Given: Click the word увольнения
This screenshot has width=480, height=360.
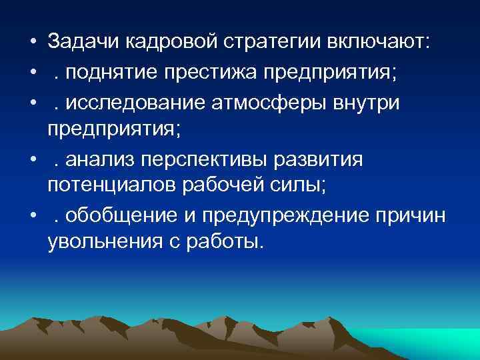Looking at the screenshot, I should click(99, 241).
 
